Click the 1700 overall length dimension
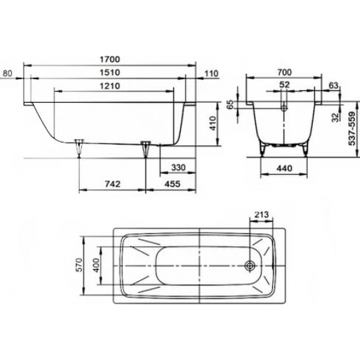pyautogui.click(x=110, y=60)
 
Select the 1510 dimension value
pyautogui.click(x=110, y=73)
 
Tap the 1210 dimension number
pyautogui.click(x=110, y=86)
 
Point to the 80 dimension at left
pyautogui.click(x=7, y=73)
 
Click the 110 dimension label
pyautogui.click(x=211, y=74)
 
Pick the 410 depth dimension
pyautogui.click(x=213, y=123)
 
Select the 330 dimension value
pyautogui.click(x=178, y=168)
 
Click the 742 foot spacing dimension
pyautogui.click(x=113, y=184)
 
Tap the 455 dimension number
pyautogui.click(x=173, y=184)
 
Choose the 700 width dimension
pyautogui.click(x=284, y=72)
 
